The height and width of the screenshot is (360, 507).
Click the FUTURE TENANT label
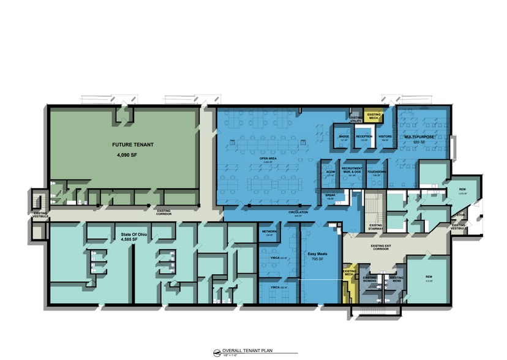[x=133, y=146]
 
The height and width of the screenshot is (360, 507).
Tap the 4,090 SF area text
[x=129, y=156]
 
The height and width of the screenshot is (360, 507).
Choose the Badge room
[x=344, y=138]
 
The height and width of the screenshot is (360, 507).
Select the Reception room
[x=364, y=138]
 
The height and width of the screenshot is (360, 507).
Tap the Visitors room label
[x=385, y=138]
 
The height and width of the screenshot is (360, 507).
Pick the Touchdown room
[x=376, y=173]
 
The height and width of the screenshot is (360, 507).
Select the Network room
[x=270, y=232]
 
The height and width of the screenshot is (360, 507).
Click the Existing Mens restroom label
[x=396, y=279]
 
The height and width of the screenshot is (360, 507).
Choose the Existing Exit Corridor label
[x=385, y=247]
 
